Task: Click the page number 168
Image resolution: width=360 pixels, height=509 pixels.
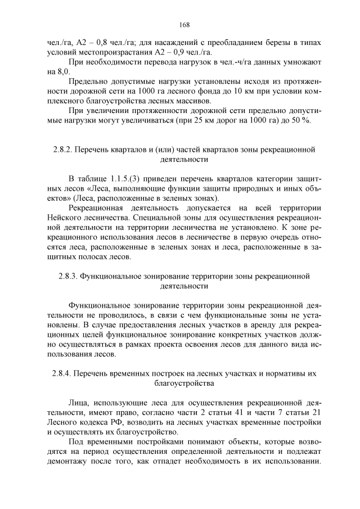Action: tap(184, 24)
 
